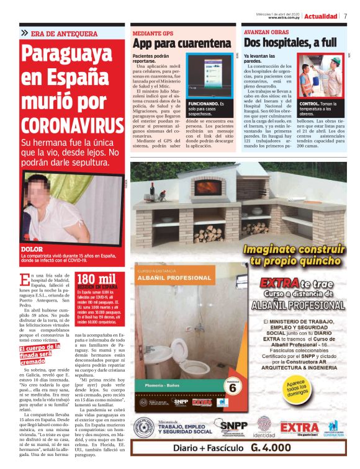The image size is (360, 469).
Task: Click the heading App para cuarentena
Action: (x=181, y=43)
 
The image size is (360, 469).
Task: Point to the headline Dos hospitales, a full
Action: (x=290, y=43)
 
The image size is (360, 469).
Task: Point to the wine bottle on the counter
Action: (x=151, y=190)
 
